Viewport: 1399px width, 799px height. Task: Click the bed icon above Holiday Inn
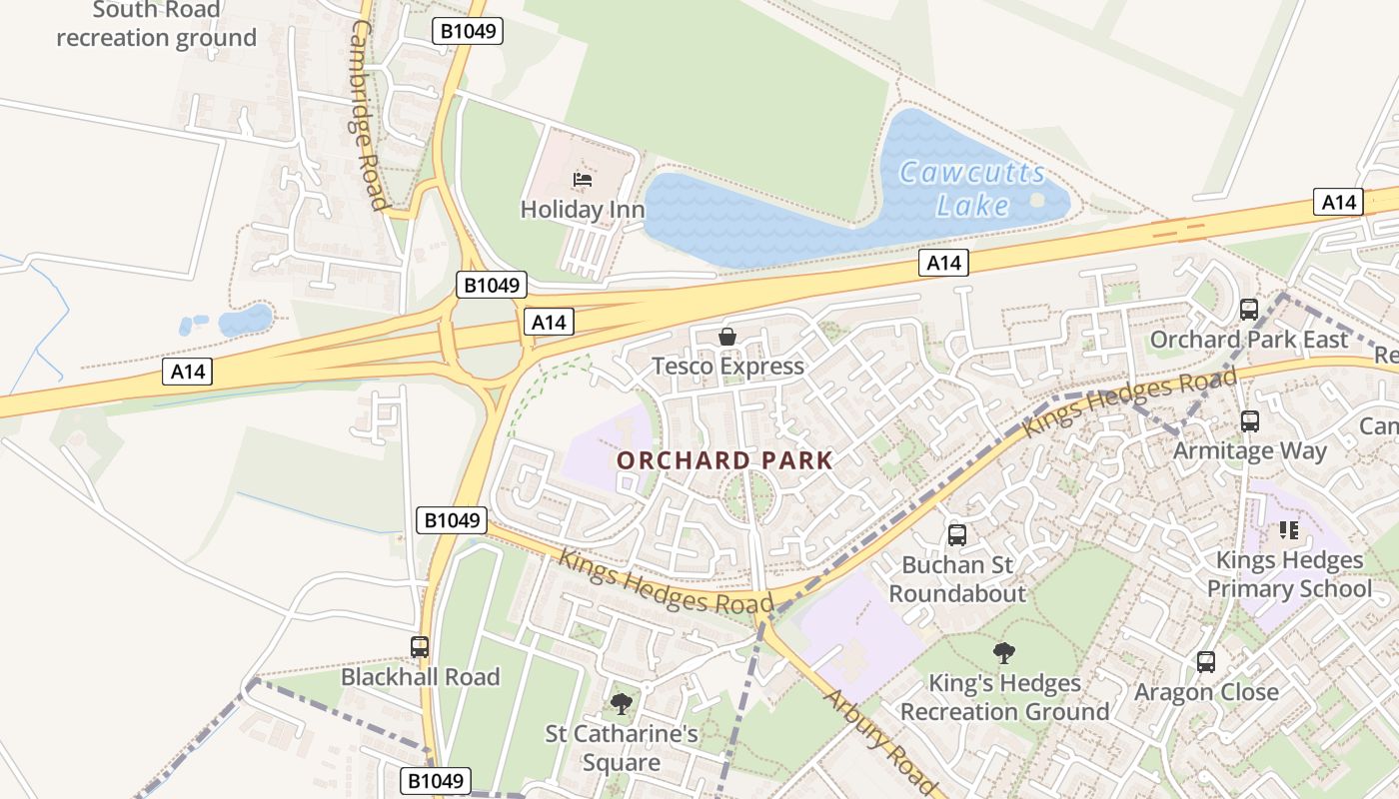click(583, 180)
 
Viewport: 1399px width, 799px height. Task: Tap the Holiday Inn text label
click(583, 210)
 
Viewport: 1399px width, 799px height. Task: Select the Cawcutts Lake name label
click(972, 189)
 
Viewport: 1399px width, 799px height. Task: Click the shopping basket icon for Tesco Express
click(727, 338)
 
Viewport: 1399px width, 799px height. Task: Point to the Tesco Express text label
click(727, 367)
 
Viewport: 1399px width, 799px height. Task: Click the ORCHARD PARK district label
click(724, 460)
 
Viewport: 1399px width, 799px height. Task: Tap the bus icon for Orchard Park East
click(1249, 310)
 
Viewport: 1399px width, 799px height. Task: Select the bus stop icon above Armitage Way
click(1249, 421)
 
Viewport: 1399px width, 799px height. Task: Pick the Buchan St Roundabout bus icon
click(956, 535)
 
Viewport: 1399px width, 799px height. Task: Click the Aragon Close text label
click(1206, 692)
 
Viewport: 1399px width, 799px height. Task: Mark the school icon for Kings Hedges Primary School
click(1288, 530)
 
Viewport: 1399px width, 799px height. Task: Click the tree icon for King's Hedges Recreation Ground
click(1004, 653)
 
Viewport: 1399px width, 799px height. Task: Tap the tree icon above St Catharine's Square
click(622, 704)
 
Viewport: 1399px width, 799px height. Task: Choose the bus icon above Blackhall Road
click(420, 647)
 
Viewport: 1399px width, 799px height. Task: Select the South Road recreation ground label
click(156, 25)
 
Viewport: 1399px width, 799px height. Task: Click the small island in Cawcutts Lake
click(1037, 200)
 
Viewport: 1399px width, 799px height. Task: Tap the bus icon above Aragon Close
click(1206, 662)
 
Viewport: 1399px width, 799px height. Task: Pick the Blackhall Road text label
click(420, 677)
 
